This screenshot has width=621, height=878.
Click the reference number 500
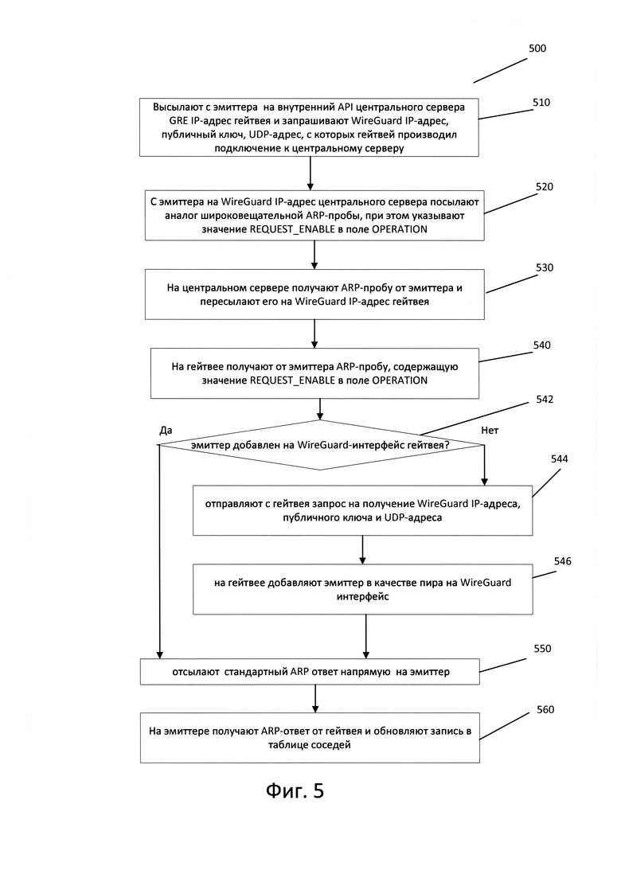(x=537, y=48)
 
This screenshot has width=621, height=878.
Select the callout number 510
(x=541, y=103)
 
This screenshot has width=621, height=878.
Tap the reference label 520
(x=545, y=187)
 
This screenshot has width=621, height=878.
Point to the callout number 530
(x=545, y=267)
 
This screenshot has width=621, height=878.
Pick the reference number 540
(x=542, y=345)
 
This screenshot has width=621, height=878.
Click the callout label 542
(x=545, y=400)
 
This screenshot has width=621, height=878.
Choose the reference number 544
(x=559, y=459)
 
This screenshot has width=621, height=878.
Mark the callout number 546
(x=562, y=562)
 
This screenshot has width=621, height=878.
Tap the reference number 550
(x=542, y=649)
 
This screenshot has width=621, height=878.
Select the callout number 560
(x=545, y=710)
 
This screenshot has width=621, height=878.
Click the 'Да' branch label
(x=166, y=431)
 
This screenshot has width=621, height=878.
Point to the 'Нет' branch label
(x=490, y=431)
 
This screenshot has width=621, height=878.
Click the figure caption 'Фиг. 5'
(x=295, y=791)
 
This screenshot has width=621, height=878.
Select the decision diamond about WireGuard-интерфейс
(x=320, y=445)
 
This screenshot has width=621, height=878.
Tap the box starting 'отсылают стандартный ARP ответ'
(x=310, y=671)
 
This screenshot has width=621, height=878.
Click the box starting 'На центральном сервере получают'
(x=314, y=295)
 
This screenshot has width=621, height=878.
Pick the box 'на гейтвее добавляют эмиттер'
(x=363, y=589)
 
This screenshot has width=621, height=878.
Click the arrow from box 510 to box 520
(x=310, y=173)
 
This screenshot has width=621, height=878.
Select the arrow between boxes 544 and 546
(x=363, y=549)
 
